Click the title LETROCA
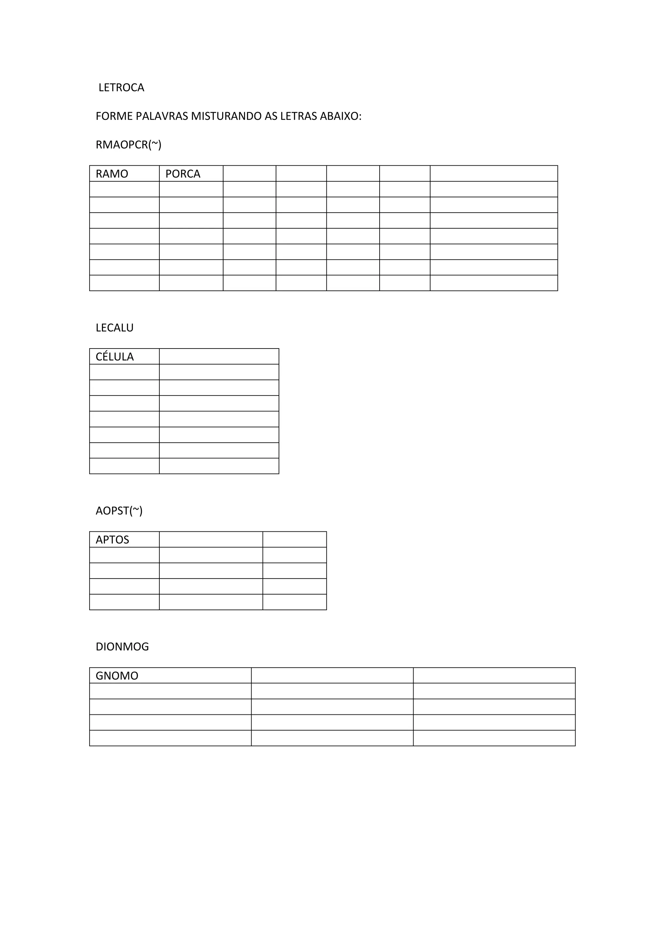coord(121,88)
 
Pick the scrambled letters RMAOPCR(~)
coord(128,145)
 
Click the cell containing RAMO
coord(124,173)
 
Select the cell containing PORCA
coord(191,173)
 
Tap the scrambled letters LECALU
coord(115,328)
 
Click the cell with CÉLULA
coord(124,356)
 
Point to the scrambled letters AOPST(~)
coord(119,511)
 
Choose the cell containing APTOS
coord(124,539)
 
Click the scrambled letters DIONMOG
coord(122,647)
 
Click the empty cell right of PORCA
coord(249,173)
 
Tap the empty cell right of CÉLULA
coord(219,356)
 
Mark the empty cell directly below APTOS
coord(124,555)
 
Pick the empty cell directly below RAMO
coord(124,189)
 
